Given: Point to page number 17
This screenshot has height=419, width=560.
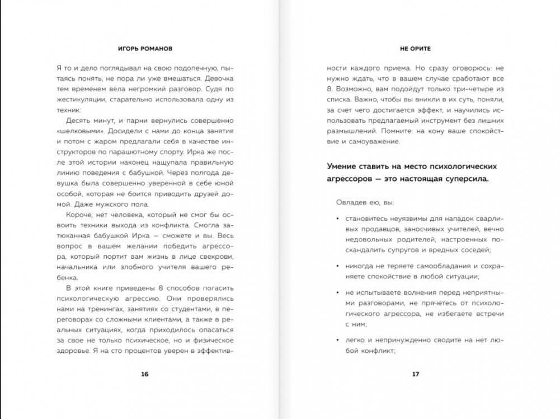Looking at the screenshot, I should (415, 374).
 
